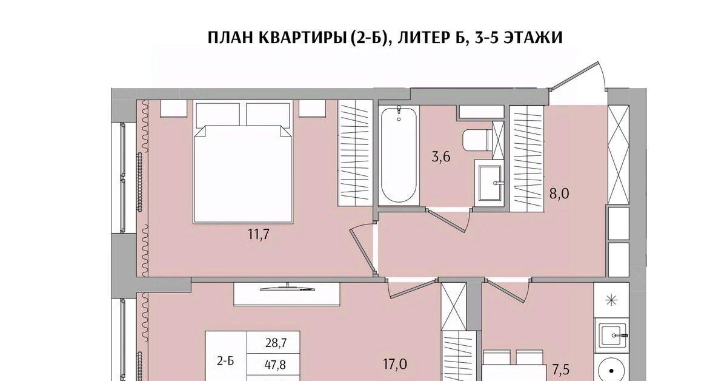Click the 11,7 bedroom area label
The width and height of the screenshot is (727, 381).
click(x=259, y=234)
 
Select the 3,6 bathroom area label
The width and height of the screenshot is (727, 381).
click(x=441, y=157)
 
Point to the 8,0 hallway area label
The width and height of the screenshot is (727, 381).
click(x=559, y=194)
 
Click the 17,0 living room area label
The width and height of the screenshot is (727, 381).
click(x=394, y=364)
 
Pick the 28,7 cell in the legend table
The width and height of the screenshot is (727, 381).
click(x=276, y=343)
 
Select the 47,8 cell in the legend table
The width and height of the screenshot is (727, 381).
click(x=276, y=365)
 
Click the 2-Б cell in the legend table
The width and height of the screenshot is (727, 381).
click(x=225, y=361)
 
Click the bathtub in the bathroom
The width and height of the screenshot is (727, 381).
click(x=399, y=155)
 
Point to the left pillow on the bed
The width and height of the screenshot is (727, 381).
click(x=217, y=115)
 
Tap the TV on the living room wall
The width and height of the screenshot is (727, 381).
click(x=288, y=288)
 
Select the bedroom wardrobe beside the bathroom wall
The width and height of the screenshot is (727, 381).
click(x=356, y=153)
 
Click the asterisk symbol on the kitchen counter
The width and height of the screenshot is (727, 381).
click(x=612, y=300)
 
